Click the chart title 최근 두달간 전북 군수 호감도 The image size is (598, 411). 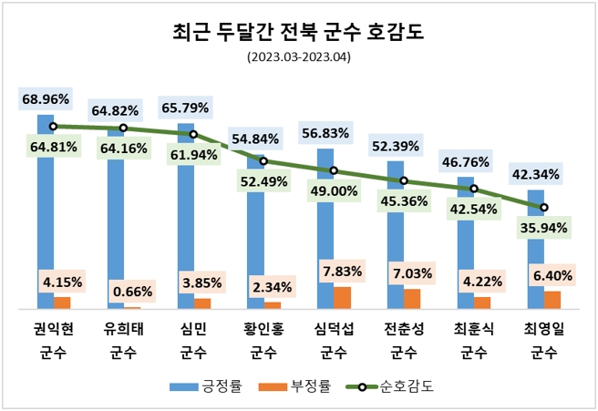[x=298, y=34]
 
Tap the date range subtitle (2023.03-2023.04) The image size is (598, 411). [x=298, y=57]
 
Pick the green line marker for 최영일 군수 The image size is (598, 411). [x=543, y=208]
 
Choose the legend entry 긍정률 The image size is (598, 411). [x=206, y=385]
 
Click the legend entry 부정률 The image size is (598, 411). [x=301, y=385]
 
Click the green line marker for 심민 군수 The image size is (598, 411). [x=193, y=134]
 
